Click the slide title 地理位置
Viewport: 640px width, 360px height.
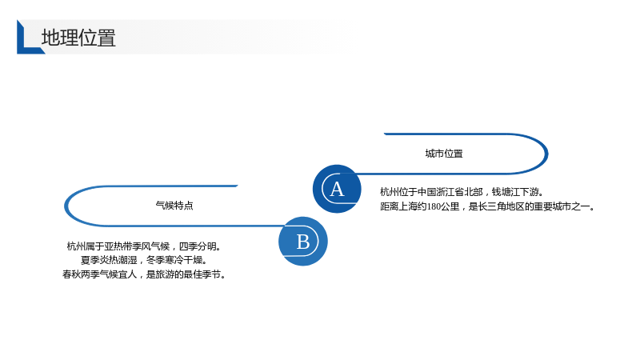click(x=78, y=38)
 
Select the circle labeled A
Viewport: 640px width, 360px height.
click(x=337, y=189)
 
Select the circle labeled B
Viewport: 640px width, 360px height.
click(x=303, y=242)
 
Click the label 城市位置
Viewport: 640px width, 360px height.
click(x=444, y=154)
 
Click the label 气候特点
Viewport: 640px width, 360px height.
click(x=174, y=206)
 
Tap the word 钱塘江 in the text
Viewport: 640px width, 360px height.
click(x=506, y=192)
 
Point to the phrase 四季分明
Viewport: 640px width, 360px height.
click(x=198, y=246)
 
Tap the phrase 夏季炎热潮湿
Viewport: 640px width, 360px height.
click(x=109, y=260)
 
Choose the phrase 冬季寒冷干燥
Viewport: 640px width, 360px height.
click(x=174, y=260)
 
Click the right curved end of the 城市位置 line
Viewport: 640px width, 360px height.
click(x=546, y=154)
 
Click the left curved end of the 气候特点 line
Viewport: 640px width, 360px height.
click(x=66, y=206)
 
